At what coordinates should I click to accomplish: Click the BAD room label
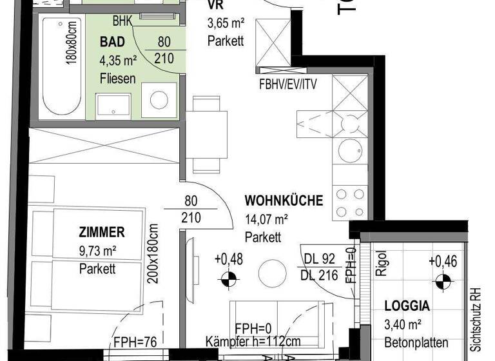pos(113,42)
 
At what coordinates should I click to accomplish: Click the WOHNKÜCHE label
pos(284,200)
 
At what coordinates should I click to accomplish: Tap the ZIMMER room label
pos(102,233)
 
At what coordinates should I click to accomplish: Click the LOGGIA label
pos(408,306)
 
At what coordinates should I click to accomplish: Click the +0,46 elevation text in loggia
pos(442,262)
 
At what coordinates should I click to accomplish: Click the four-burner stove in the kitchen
pos(351,202)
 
